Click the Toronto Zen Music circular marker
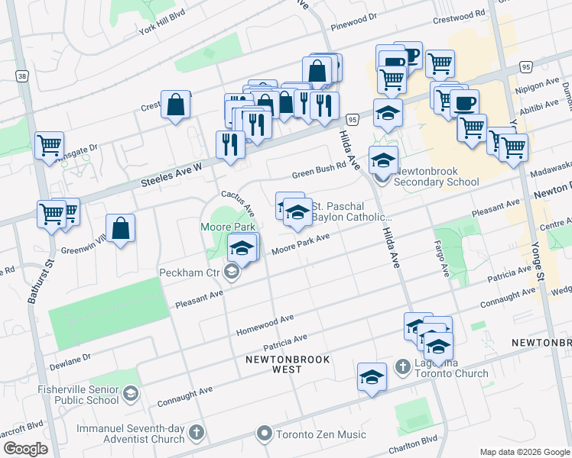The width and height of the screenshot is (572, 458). (265, 434)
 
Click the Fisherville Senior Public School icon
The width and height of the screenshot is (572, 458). (131, 393)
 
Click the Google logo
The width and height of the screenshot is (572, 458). (26, 449)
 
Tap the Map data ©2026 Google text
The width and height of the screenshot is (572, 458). (524, 452)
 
